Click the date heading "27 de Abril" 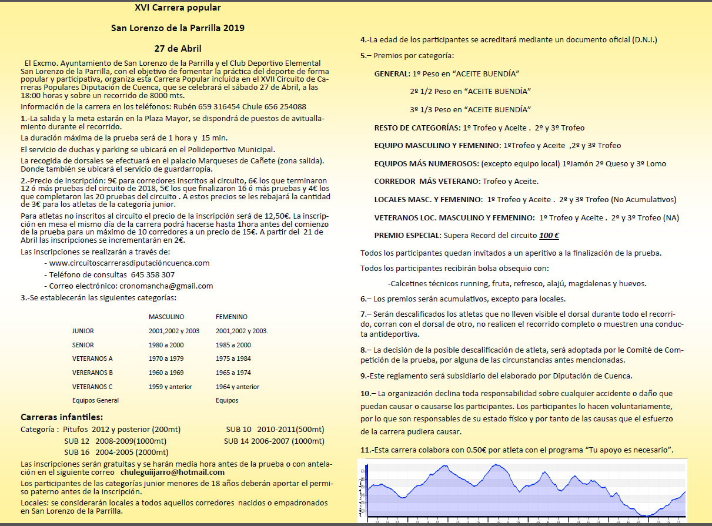click(178, 48)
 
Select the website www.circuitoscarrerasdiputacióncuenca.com click(129, 263)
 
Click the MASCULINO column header click(166, 317)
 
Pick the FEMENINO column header click(232, 317)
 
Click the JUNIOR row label click(83, 331)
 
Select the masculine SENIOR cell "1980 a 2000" click(166, 345)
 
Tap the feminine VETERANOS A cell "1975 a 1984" click(233, 359)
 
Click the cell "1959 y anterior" click(171, 387)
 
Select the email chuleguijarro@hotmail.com click(172, 472)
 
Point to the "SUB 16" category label click(77, 452)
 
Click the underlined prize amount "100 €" click(549, 235)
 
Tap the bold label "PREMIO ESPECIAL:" click(407, 235)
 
